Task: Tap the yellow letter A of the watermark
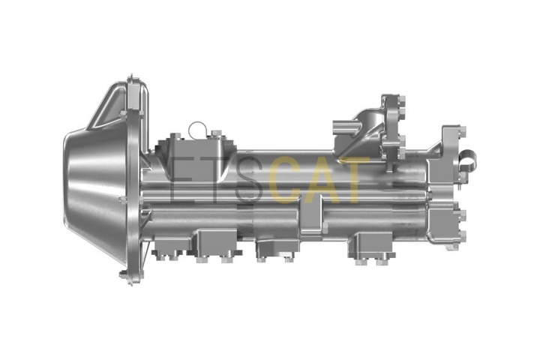[x=319, y=180]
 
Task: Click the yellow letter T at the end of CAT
[x=352, y=179]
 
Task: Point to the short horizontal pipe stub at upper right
[x=343, y=128]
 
